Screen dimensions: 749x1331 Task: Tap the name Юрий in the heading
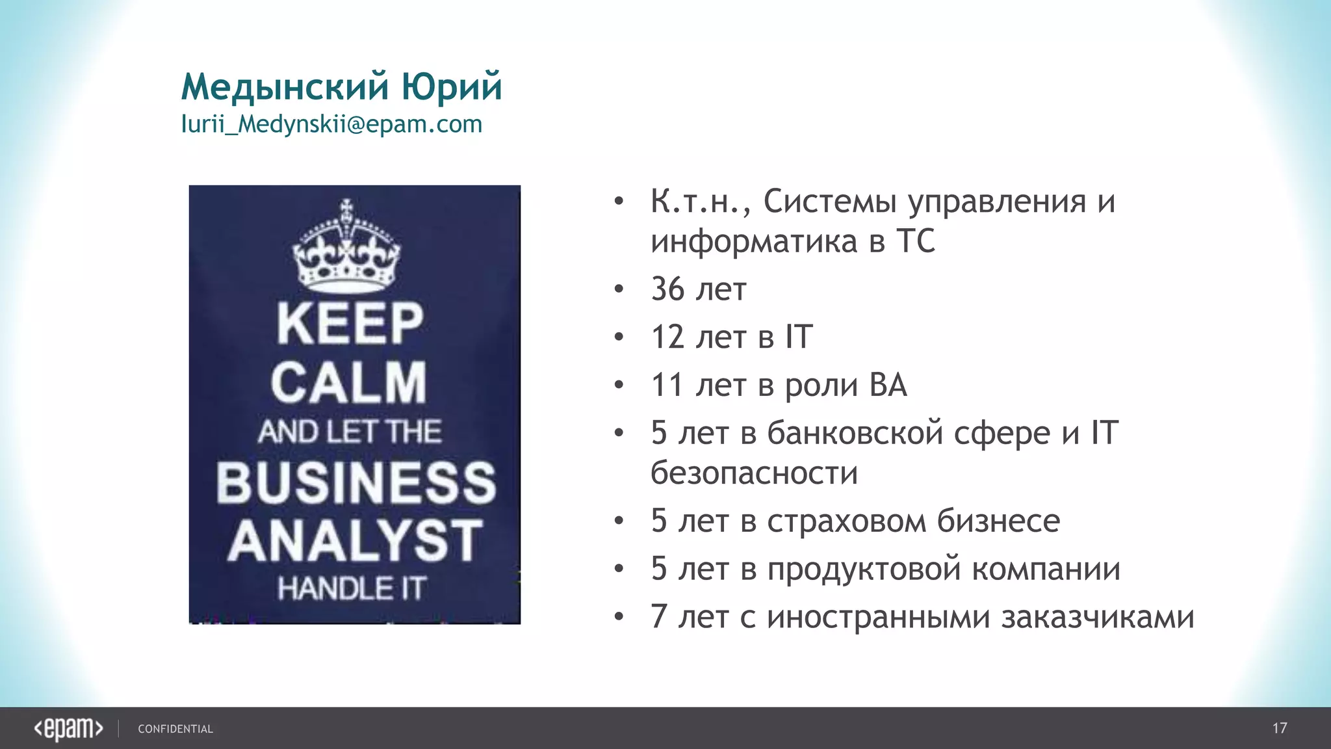click(x=452, y=86)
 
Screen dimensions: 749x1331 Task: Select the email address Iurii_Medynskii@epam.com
click(x=331, y=124)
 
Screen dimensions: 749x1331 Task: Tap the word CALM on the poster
click(x=349, y=383)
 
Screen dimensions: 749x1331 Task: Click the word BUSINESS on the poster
click(x=356, y=482)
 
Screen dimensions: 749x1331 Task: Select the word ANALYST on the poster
click(x=355, y=540)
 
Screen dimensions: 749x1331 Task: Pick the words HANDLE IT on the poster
click(x=352, y=589)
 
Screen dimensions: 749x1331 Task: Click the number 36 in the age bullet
click(x=667, y=289)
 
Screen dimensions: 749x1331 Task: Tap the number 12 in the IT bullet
click(x=667, y=337)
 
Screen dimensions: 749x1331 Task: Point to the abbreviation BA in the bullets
click(x=888, y=385)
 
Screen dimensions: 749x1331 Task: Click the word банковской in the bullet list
click(x=855, y=433)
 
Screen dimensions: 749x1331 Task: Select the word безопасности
click(x=754, y=473)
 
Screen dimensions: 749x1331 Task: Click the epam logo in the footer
click(x=68, y=729)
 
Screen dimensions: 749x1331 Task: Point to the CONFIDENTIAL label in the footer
click(x=175, y=729)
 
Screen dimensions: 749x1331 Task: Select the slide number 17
click(x=1279, y=728)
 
